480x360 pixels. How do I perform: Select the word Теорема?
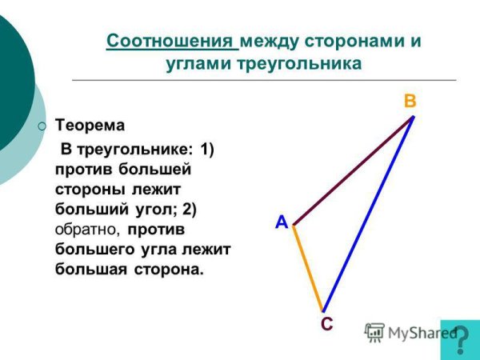point(90,126)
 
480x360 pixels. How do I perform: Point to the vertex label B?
point(410,102)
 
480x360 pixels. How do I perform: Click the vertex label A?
point(282,222)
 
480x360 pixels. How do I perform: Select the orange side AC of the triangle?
point(308,268)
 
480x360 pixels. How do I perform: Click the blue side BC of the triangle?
point(368,214)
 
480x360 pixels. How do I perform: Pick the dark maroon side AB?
point(353,171)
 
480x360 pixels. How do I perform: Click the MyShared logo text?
point(416,333)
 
